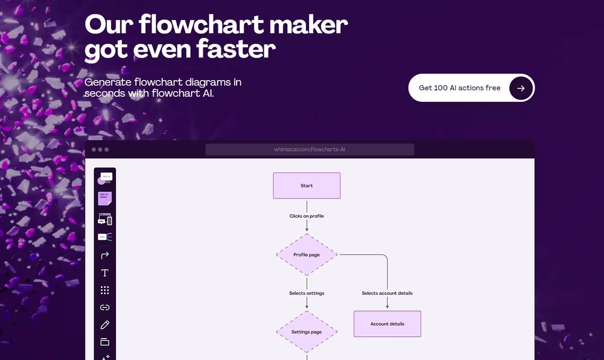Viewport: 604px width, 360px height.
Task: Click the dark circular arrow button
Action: [521, 88]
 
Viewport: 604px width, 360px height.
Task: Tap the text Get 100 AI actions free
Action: [460, 88]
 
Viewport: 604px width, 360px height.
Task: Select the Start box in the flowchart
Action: [307, 186]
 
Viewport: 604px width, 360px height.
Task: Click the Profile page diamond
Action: [307, 255]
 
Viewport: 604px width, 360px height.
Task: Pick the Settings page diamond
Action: [307, 332]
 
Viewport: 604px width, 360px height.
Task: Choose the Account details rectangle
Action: [387, 324]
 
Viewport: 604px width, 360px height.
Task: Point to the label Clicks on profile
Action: [307, 216]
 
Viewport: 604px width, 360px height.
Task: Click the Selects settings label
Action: [307, 293]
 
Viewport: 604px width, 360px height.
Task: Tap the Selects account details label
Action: [387, 293]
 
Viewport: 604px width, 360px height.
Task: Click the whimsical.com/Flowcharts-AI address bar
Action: [310, 149]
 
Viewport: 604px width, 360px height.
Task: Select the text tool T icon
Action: [105, 273]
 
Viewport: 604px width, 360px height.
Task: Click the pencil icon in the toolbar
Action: [105, 325]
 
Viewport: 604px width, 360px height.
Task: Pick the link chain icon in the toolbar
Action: [105, 307]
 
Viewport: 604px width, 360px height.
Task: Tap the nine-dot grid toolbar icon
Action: [105, 290]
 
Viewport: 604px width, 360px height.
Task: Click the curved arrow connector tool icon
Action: [105, 255]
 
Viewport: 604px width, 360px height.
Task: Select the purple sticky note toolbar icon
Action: [105, 198]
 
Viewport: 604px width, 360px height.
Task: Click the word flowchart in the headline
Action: [201, 24]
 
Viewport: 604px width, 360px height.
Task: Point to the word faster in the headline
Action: [236, 49]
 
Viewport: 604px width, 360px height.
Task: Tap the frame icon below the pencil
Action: [105, 342]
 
